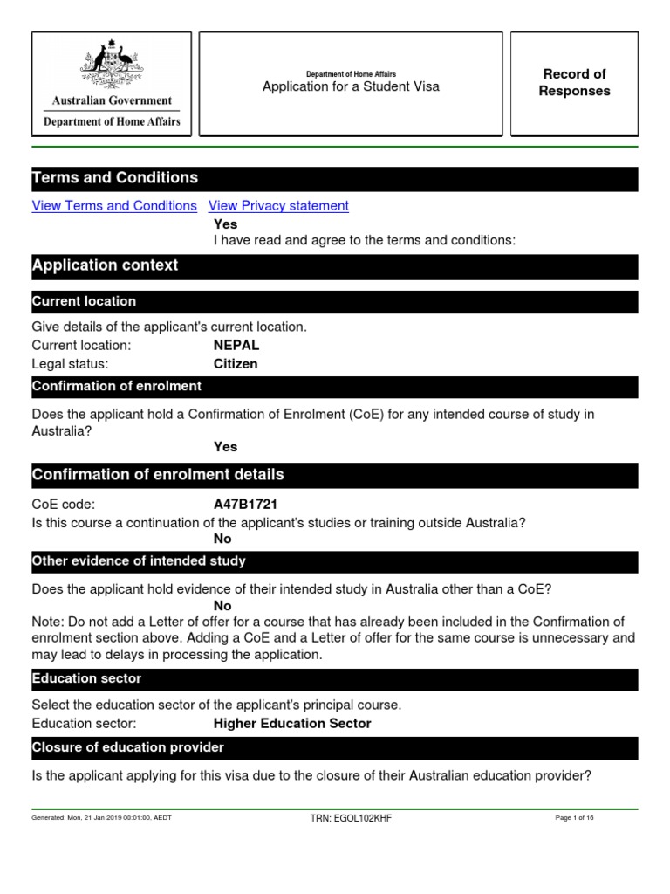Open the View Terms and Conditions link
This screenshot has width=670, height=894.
pos(114,206)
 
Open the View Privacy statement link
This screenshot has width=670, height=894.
pos(278,206)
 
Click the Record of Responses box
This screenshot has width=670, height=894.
pos(574,83)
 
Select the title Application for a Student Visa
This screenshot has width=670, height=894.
pos(351,86)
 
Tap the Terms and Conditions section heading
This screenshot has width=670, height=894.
pos(115,178)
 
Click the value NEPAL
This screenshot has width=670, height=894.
pos(236,346)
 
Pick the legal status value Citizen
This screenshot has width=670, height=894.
pos(236,364)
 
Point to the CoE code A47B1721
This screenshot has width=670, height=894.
pos(246,505)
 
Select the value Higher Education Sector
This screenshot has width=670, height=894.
pos(292,724)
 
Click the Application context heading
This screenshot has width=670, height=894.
pos(105,265)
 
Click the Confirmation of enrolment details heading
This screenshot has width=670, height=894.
pos(158,475)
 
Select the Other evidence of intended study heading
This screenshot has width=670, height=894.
pos(139,560)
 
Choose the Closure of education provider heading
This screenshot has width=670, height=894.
pos(128,747)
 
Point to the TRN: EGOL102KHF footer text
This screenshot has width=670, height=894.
pos(351,818)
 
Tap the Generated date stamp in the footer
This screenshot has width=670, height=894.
pos(101,818)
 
